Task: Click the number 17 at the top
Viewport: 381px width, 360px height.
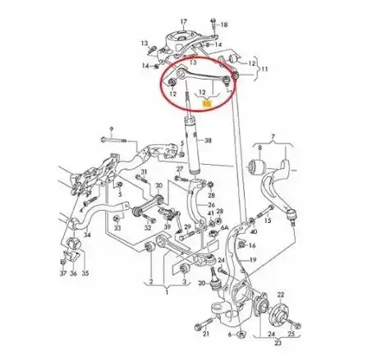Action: click(x=183, y=13)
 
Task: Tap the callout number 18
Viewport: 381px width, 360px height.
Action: click(x=225, y=25)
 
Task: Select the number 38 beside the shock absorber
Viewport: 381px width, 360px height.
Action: click(x=208, y=140)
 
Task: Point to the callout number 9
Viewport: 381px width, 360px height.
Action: click(x=112, y=130)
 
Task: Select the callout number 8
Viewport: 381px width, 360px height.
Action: click(x=261, y=148)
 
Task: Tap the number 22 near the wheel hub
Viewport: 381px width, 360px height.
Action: click(x=282, y=293)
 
